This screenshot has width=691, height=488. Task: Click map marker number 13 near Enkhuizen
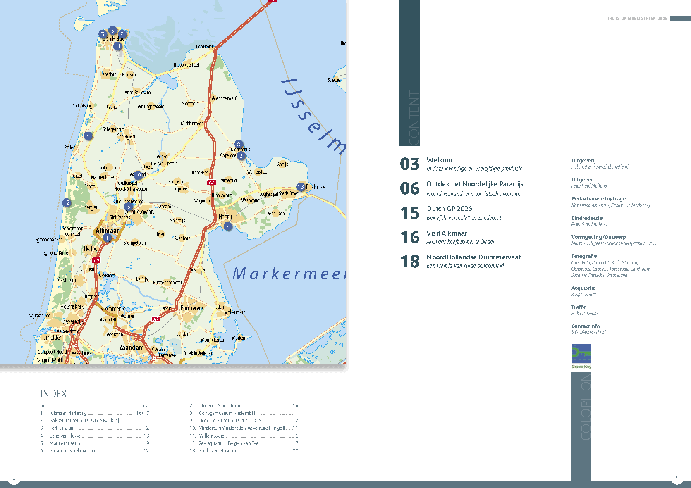(x=301, y=187)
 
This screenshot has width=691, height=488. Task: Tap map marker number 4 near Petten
(x=88, y=136)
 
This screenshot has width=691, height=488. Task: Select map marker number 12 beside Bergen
(x=67, y=202)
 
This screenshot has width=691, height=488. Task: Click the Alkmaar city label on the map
(x=107, y=231)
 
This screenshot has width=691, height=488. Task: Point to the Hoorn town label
(x=225, y=217)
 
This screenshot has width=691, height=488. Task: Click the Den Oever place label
(x=205, y=47)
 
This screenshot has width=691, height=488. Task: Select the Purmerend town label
(x=192, y=308)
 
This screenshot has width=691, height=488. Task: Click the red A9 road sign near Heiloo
(x=96, y=260)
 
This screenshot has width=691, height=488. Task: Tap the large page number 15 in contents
(x=410, y=213)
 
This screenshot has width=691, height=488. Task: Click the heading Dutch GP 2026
(x=449, y=209)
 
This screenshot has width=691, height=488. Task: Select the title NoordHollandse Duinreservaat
(x=473, y=257)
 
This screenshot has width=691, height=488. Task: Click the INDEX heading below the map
(x=53, y=394)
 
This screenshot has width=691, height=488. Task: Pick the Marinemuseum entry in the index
(x=65, y=443)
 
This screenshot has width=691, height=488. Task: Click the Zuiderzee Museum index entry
(x=218, y=451)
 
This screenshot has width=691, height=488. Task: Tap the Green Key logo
(x=581, y=356)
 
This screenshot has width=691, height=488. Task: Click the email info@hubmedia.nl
(x=588, y=333)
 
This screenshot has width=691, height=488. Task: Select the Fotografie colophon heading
(x=583, y=256)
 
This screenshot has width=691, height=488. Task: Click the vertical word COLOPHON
(x=585, y=407)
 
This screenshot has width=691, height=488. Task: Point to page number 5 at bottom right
(x=677, y=478)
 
